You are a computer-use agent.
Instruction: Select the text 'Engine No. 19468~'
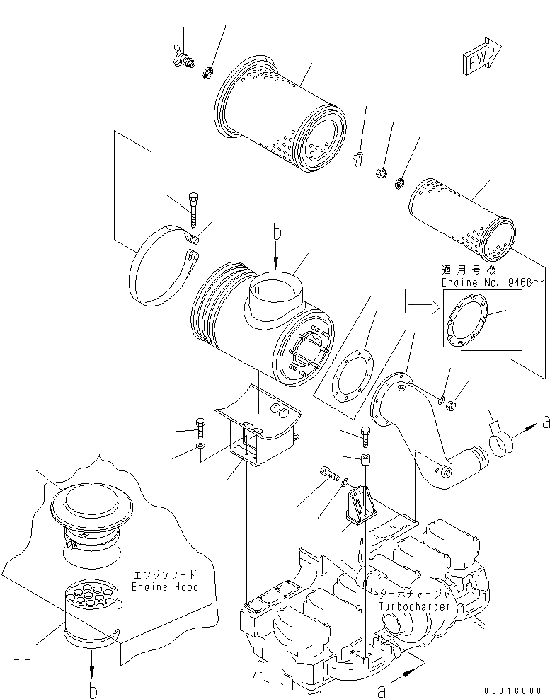pos(483,281)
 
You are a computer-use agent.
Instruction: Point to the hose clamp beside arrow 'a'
pos(500,442)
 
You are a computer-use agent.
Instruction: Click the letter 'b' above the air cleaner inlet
pos(276,231)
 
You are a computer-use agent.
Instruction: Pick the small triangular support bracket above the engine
pos(361,502)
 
